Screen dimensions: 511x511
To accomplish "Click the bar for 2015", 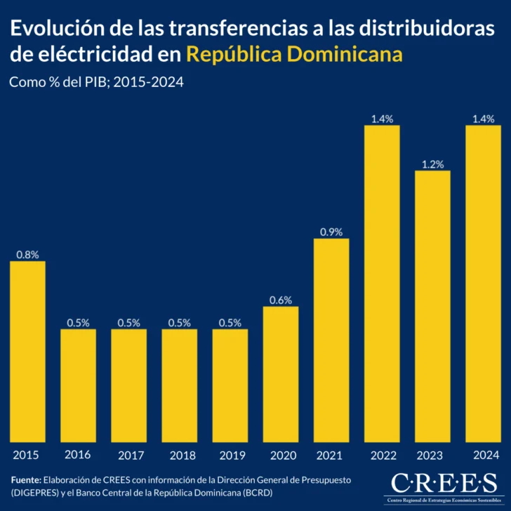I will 27,351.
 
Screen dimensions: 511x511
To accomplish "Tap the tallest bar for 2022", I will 382,284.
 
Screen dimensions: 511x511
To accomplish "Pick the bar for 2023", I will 432,306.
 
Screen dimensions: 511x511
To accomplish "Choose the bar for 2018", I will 179,385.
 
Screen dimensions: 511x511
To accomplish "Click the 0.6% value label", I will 281,300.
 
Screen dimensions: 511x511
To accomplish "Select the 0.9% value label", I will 331,232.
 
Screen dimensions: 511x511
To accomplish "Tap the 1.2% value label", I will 432,164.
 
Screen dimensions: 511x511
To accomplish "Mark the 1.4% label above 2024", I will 483,119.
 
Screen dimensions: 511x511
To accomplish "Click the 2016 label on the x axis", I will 78,455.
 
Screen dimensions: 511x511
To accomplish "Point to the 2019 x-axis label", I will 230,455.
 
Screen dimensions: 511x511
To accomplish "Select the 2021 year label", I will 331,455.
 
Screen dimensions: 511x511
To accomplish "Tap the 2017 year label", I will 128,455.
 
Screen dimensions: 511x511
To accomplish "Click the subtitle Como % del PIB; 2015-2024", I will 96,82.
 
